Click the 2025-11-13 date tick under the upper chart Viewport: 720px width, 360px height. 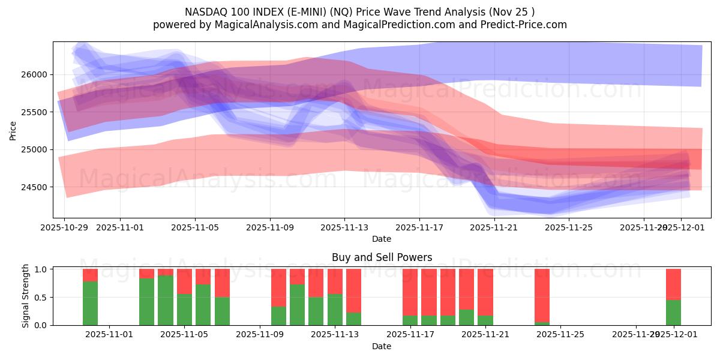point(344,227)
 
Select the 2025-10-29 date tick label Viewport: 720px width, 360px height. point(64,227)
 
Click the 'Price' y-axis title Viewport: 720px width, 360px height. point(13,130)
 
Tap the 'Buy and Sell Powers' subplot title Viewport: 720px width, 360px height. point(382,257)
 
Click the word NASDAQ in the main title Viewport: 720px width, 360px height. point(205,12)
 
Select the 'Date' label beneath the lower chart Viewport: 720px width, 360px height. point(382,346)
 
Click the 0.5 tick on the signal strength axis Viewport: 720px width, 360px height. point(41,297)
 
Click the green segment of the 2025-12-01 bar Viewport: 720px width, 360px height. point(673,313)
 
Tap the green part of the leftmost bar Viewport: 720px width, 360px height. point(90,304)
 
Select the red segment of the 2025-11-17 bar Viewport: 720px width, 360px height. point(410,292)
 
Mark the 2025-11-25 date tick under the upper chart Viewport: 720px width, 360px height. point(569,227)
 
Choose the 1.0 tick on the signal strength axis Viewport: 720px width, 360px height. point(41,269)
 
